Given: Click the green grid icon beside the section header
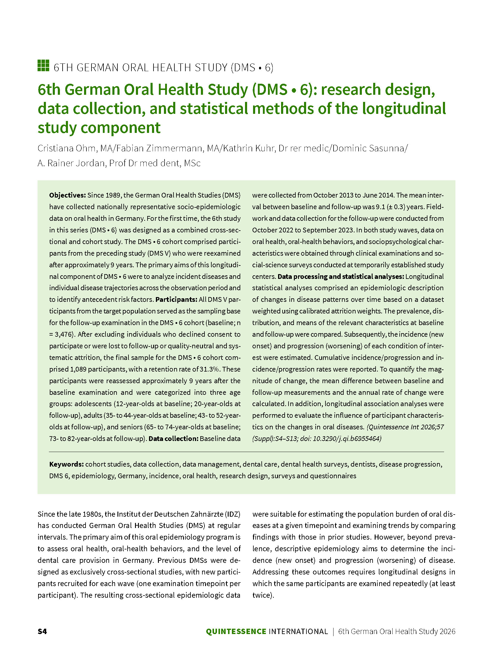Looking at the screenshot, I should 43,66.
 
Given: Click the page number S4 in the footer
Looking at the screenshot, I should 42,631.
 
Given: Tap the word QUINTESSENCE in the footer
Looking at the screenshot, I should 236,631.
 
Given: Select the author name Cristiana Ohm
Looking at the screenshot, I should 66,148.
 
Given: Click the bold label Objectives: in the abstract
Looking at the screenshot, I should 67,195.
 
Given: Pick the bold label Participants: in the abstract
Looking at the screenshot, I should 176,299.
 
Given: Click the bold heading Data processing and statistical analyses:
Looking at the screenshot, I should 340,277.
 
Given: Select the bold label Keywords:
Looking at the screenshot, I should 66,464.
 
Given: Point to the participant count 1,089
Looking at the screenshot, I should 78,369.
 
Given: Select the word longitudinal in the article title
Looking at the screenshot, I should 404,108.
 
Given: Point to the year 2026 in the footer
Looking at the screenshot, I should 447,631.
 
